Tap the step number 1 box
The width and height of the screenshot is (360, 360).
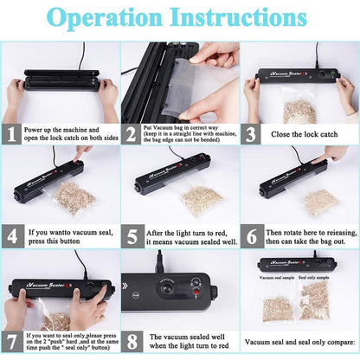point(11,134)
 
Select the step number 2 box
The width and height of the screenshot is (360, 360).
point(131,134)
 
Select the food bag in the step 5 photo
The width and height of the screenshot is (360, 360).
point(201,198)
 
